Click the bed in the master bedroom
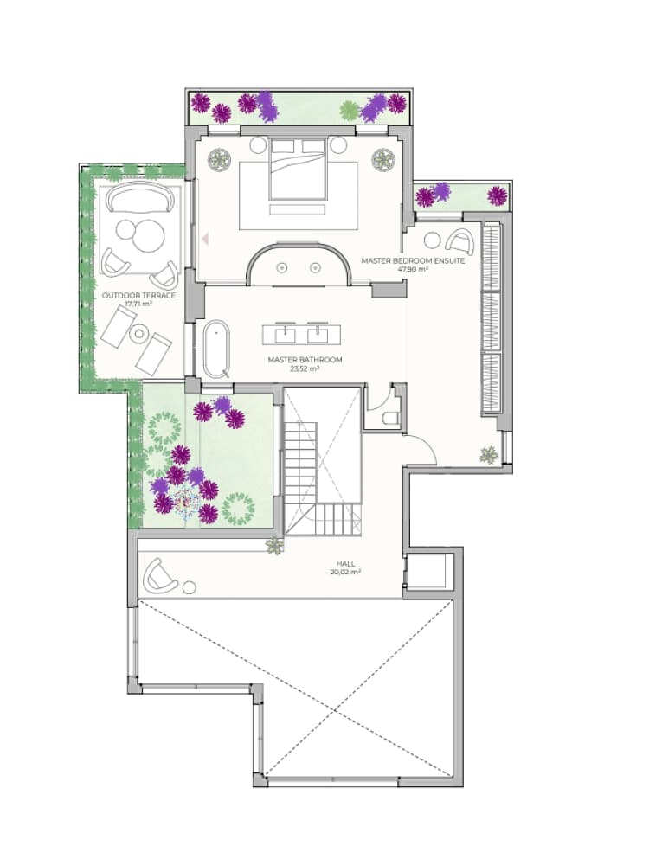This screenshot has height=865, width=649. coord(299,169)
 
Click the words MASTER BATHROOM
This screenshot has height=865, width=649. coord(304,360)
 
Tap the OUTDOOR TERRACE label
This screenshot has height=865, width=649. coord(138,295)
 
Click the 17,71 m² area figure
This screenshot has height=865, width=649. coord(138,304)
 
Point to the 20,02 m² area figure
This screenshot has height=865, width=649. coord(344,572)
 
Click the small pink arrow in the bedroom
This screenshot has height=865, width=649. coord(205,235)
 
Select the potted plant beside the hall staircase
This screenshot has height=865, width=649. coord(274,545)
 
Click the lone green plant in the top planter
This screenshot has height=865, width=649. coord(349,110)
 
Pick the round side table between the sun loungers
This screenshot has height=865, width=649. coord(137,333)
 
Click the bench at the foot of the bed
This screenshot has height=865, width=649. coord(298,209)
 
